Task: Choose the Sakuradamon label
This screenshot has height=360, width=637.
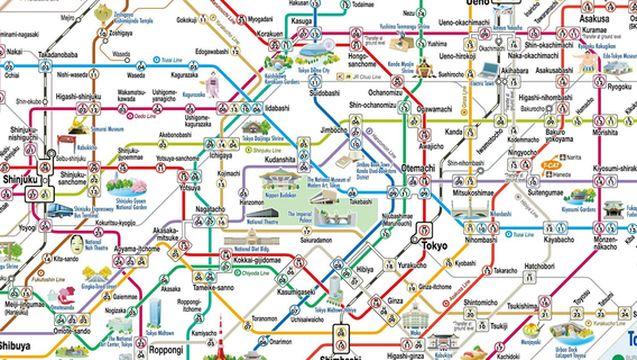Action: point(314,240)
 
